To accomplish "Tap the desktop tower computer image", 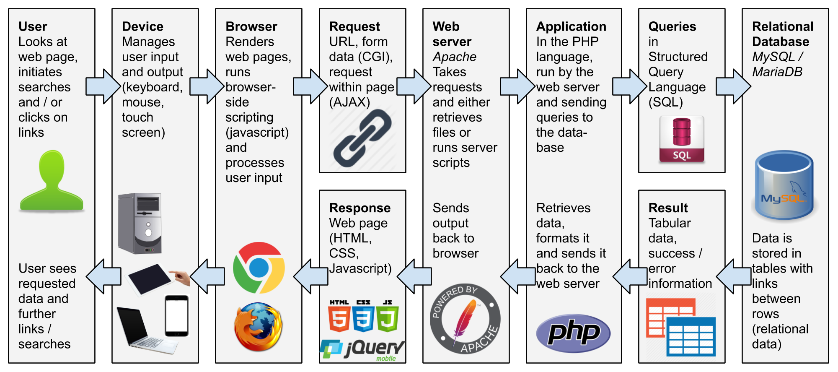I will point(140,223).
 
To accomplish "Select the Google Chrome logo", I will point(259,268).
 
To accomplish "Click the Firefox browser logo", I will point(258,326).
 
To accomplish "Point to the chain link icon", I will point(362,138).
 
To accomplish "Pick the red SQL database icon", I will point(682,139).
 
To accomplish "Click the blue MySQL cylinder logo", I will point(784,185).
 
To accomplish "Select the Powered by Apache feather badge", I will point(465,319).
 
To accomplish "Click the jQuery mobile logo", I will point(363,350).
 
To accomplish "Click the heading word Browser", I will point(251,26).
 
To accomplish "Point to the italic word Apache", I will point(455,57).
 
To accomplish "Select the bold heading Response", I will point(360,208).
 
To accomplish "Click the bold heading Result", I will point(668,208).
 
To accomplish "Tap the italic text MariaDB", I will point(777,72).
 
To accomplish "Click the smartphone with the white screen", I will point(176,316).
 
